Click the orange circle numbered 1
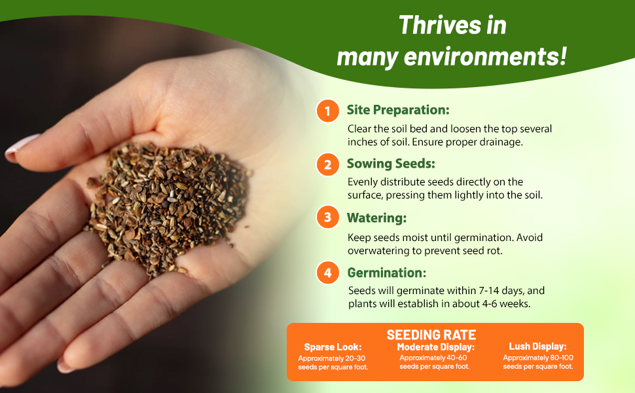coord(327,111)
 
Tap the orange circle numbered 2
coord(327,164)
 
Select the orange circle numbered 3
coord(327,217)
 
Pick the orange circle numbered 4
coord(327,272)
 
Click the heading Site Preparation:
coord(398,110)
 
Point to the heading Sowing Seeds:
coord(391,164)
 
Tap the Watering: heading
coord(376,218)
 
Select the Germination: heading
coord(387,272)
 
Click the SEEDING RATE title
coord(431,335)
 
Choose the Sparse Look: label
coord(333,347)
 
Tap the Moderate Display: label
coord(436,347)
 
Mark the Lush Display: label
coord(538,346)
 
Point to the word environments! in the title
coord(485,56)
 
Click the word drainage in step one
coord(499,142)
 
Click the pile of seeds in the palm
coord(168,209)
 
